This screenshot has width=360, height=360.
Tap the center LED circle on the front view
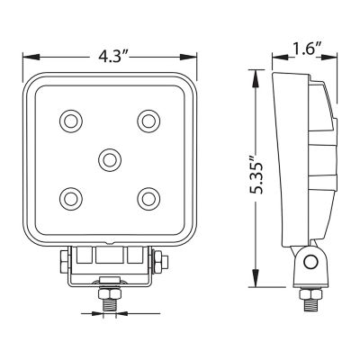(109, 158)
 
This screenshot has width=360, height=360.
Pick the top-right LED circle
(148, 120)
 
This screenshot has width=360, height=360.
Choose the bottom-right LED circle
(148, 197)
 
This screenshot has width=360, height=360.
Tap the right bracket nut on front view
(159, 263)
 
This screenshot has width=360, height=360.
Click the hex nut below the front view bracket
(109, 293)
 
